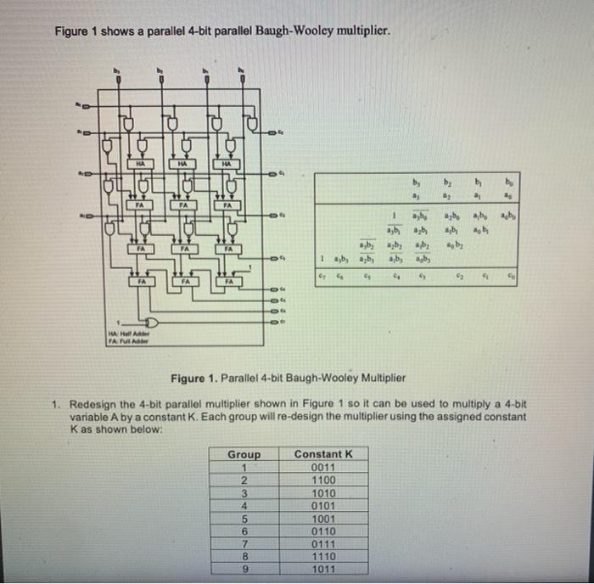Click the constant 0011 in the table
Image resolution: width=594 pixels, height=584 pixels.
[323, 467]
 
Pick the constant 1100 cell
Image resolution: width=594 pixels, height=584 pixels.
[323, 480]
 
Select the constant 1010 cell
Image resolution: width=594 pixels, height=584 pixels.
[323, 492]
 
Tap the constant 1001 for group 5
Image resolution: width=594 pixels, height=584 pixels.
[323, 518]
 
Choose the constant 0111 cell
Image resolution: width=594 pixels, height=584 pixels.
[323, 543]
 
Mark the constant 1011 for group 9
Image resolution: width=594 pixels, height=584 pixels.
[323, 569]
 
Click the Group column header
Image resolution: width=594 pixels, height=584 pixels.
[244, 454]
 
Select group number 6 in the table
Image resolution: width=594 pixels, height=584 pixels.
[244, 531]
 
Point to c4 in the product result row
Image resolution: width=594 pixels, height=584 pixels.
[395, 275]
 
